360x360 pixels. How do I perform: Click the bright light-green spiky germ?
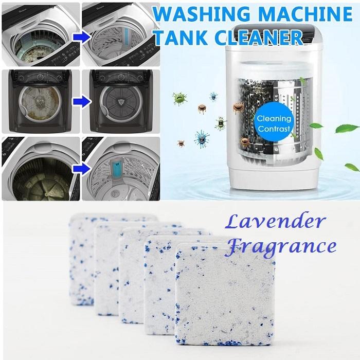179,98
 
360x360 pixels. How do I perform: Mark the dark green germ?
222,123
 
